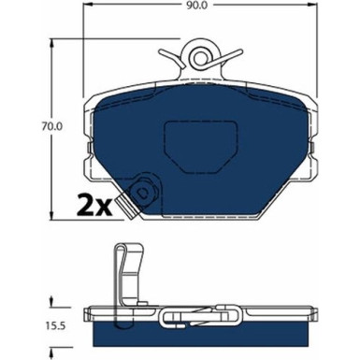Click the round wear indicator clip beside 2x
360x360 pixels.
point(143,194)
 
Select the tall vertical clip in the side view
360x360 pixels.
point(130,277)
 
